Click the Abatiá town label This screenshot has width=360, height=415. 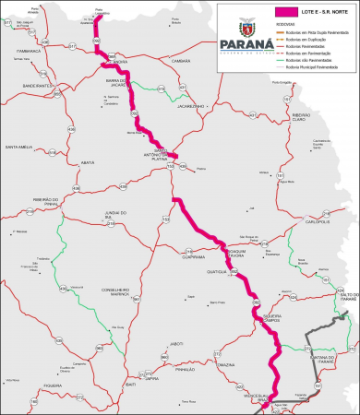click(89, 161)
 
